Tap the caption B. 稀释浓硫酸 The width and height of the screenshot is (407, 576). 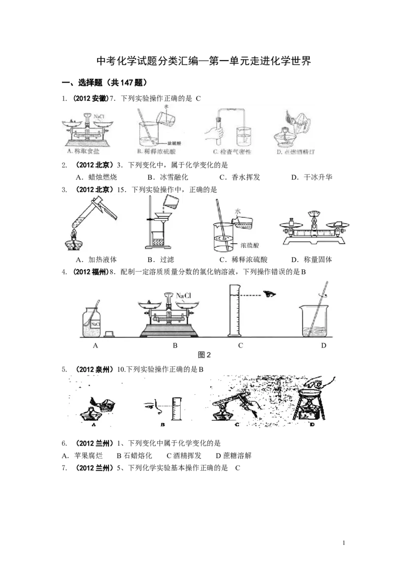[x=156, y=152]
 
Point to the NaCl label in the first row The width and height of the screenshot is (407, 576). [x=99, y=116]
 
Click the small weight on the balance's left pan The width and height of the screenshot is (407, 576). [x=292, y=222]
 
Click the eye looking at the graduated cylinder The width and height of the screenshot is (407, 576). [x=269, y=294]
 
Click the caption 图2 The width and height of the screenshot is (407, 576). [x=203, y=356]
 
